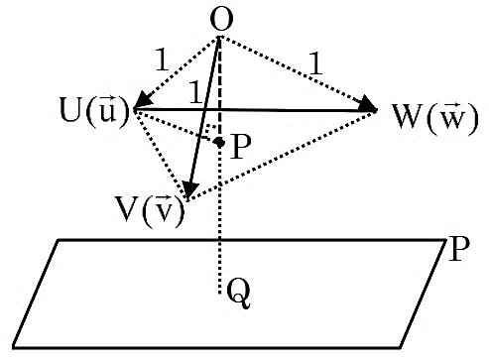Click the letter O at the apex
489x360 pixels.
(221, 19)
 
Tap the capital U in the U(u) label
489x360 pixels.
(71, 109)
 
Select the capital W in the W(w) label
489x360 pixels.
(408, 116)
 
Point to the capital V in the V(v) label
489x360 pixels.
(127, 208)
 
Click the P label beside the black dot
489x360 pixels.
(241, 147)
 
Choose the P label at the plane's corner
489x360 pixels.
(459, 249)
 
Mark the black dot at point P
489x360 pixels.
(219, 143)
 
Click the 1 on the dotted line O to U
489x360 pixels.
(163, 60)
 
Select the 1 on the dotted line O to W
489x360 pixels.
(315, 63)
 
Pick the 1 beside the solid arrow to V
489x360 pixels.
(195, 92)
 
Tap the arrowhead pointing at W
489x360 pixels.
(369, 104)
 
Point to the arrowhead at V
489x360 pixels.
(189, 190)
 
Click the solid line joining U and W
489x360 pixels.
(255, 109)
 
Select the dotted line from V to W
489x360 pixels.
(282, 155)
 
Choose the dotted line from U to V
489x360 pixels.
(160, 155)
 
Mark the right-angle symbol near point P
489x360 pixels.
(209, 132)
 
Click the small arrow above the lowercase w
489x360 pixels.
(453, 106)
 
